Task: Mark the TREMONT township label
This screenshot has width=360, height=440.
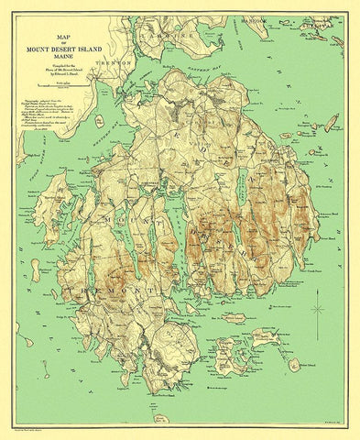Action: click(115, 290)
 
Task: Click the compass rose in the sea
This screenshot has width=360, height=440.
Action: click(318, 309)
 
